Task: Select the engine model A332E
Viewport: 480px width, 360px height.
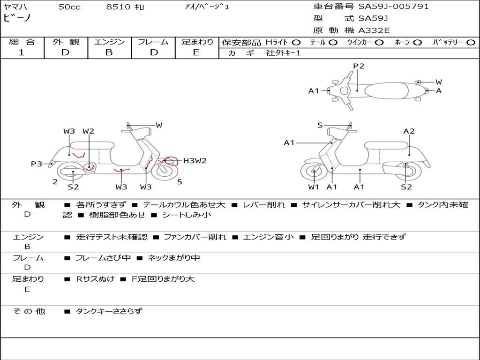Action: pos(375,31)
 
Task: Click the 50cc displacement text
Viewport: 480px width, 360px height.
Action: pos(69,7)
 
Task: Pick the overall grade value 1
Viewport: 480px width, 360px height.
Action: pos(22,52)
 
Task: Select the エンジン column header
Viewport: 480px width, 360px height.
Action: pos(109,42)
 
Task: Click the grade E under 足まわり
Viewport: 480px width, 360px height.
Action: pos(196,52)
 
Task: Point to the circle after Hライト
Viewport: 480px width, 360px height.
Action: pos(296,42)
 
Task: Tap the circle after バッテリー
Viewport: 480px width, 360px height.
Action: pos(471,42)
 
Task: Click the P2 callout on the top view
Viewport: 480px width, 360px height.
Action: pos(359,66)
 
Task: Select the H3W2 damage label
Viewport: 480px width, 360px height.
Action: pos(195,161)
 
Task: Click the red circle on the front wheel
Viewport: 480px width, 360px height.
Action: pos(172,162)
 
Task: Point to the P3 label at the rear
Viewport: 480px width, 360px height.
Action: pos(37,164)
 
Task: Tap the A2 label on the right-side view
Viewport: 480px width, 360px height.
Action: pos(409,131)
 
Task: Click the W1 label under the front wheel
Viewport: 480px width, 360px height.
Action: pos(314,187)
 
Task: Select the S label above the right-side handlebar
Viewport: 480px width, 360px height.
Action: pos(320,125)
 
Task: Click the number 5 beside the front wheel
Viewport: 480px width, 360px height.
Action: pos(180,182)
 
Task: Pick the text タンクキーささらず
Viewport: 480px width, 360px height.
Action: pos(109,311)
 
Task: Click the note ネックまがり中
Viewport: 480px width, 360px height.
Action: pos(173,258)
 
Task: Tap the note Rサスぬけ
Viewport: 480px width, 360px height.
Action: pos(95,279)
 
